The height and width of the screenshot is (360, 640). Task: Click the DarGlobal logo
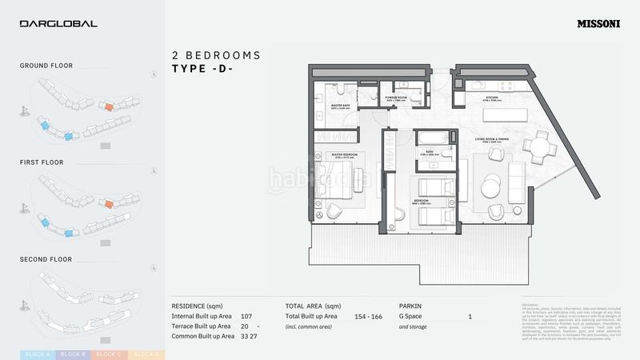click(58, 24)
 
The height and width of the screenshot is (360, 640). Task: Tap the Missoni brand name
click(598, 24)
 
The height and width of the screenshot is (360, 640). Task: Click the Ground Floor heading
click(46, 66)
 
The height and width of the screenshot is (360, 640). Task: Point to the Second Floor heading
click(46, 260)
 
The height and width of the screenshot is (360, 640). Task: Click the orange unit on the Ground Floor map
click(107, 106)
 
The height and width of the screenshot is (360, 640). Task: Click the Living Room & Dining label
click(496, 138)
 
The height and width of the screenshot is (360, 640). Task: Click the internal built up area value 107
click(246, 317)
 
